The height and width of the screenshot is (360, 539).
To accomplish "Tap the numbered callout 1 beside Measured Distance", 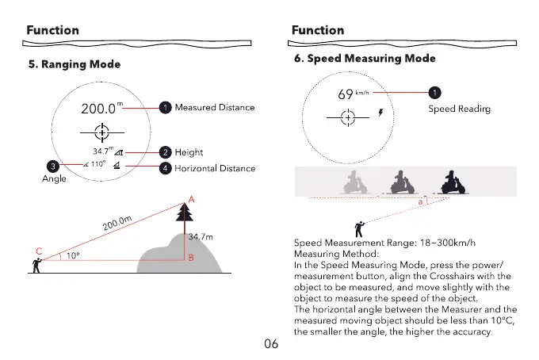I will (165, 107).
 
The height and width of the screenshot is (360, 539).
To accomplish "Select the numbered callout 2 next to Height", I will (165, 152).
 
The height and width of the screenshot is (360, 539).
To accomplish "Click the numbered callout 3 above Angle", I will (52, 167).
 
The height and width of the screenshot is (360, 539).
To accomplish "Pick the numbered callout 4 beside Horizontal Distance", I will (165, 168).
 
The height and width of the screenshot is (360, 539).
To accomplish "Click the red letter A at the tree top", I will (190, 200).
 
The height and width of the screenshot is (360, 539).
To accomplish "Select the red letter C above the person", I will (38, 251).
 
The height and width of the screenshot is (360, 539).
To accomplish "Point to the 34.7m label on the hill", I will (199, 237).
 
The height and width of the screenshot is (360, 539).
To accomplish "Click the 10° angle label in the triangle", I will (72, 255).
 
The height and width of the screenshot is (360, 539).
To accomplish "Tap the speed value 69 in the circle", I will (345, 95).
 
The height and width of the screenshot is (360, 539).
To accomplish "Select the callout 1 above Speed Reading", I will (435, 92).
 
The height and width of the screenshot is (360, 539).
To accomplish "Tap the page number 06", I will (269, 344).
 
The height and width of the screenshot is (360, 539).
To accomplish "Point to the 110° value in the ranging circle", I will (98, 165).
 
